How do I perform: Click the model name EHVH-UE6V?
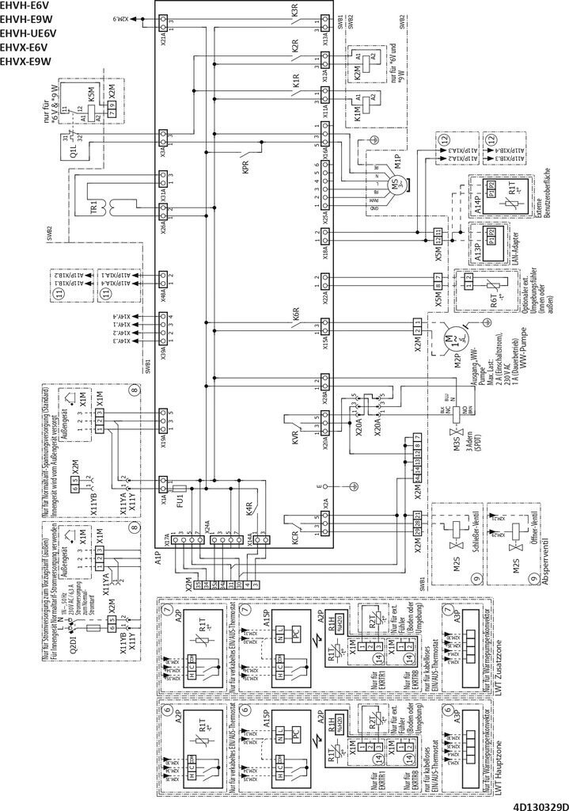point(28,33)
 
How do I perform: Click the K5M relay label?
point(92,93)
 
